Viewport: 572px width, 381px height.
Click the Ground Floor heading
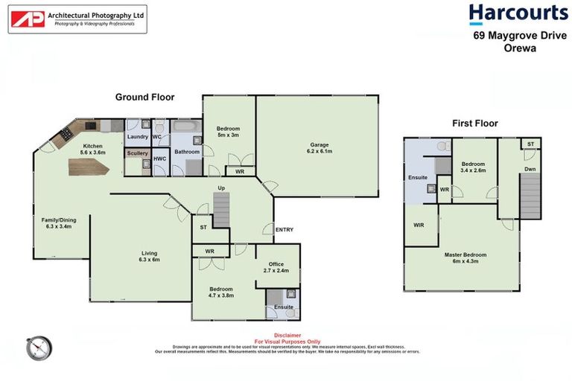144,97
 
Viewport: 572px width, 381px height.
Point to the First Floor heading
474,124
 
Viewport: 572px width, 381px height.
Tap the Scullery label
137,153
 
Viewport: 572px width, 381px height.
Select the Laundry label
138,137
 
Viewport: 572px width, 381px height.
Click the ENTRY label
285,230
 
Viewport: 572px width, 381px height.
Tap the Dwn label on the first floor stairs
530,170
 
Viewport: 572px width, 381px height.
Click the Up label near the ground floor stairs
220,188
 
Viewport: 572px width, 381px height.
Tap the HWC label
159,159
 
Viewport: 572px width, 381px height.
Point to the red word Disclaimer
287,335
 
